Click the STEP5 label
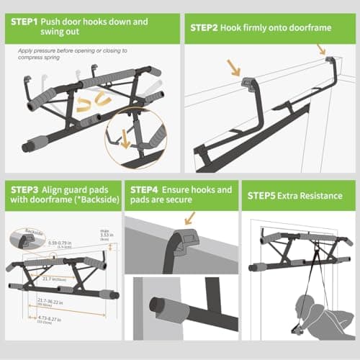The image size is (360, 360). pyautogui.click(x=264, y=195)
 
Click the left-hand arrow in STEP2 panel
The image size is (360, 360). pyautogui.click(x=233, y=68)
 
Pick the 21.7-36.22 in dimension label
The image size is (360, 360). pyautogui.click(x=55, y=302)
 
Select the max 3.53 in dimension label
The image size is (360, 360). pyautogui.click(x=107, y=233)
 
